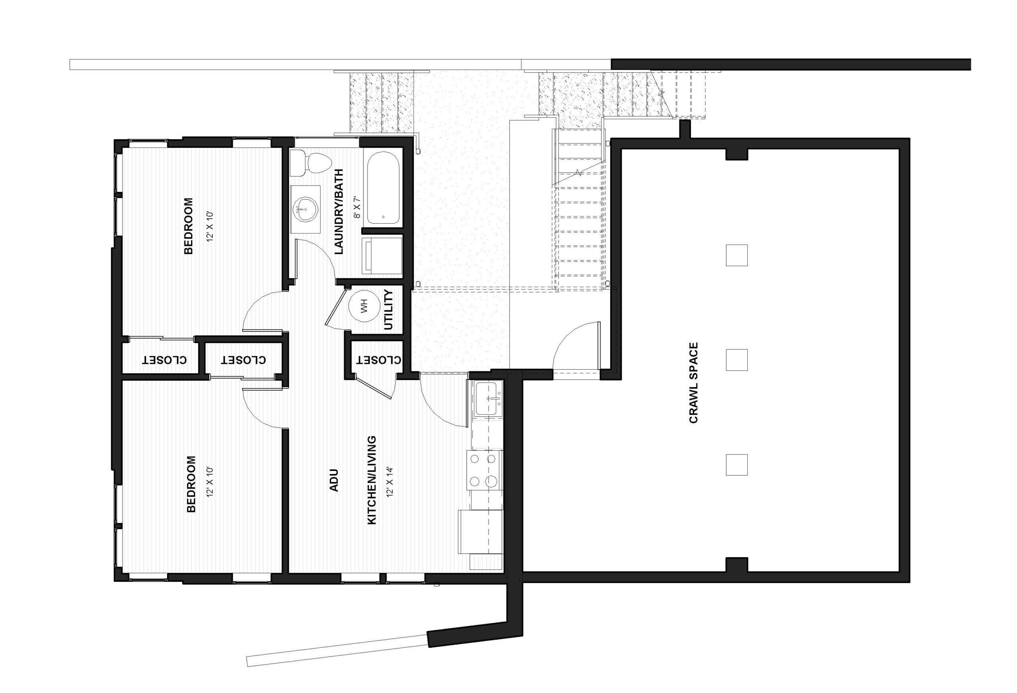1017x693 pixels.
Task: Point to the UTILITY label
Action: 389,310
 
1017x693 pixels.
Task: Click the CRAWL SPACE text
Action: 693,382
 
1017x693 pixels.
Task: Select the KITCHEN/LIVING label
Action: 371,480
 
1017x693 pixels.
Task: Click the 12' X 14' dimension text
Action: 391,482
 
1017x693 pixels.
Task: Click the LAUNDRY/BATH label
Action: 339,212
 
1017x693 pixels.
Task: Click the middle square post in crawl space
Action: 737,360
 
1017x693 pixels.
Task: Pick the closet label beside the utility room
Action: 379,360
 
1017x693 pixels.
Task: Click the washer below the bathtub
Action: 382,256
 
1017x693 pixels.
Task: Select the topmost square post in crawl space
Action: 737,255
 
